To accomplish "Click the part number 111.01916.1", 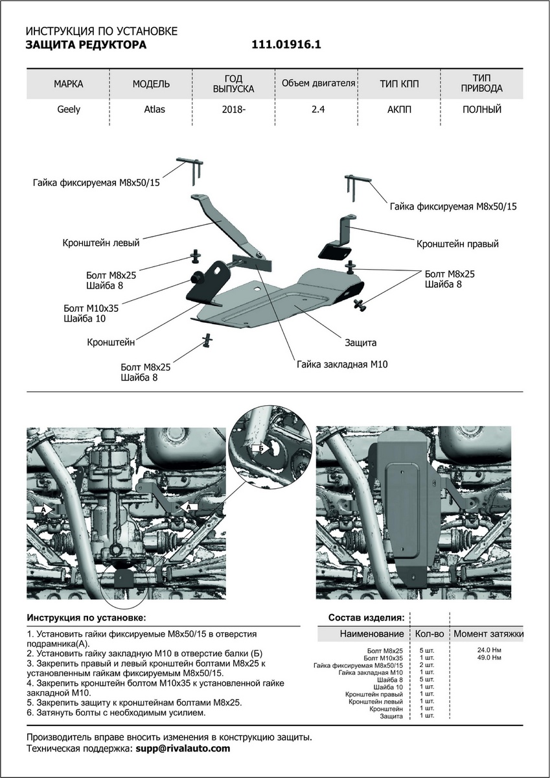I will point(286,45).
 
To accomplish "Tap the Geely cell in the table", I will point(69,110).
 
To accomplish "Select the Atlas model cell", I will point(154,110).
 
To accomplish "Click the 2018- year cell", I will point(234,110).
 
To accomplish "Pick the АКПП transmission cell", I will point(399,110).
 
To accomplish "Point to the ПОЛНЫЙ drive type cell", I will point(482,110).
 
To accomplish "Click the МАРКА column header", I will point(69,84).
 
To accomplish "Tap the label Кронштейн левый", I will point(101,244).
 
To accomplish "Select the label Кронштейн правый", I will point(457,244).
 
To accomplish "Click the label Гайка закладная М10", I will point(342,365).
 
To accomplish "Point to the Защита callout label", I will point(360,342).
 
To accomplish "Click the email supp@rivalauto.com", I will point(183,748).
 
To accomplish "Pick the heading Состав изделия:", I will point(367,617).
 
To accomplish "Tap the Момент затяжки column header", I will point(488,633).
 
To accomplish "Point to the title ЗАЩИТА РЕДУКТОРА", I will point(86,45).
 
